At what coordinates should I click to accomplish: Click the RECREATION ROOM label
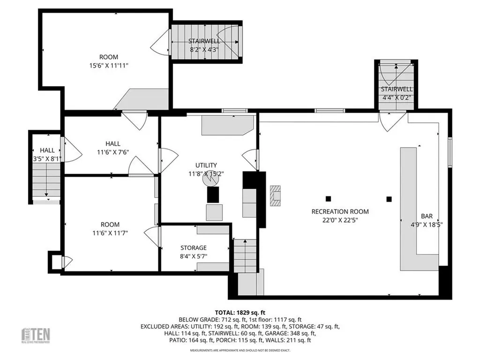pos(340,211)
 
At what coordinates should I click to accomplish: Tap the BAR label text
pos(427,216)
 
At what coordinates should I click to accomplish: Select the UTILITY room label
pos(206,165)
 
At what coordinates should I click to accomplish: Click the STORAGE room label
pos(194,247)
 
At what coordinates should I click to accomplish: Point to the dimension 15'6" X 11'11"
pos(108,66)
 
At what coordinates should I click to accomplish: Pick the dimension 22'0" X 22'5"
pos(340,220)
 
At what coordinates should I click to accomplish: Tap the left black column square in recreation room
pos(328,198)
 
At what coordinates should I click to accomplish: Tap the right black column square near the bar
pos(389,199)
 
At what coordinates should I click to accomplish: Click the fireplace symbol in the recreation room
pos(275,195)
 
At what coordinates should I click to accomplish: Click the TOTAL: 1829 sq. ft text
pos(240,312)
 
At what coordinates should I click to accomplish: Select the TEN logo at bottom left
pos(37,335)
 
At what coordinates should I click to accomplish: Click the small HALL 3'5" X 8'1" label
pos(47,155)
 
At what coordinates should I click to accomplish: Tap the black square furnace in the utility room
pos(213,195)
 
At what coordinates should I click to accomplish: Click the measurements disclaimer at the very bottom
pos(240,350)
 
